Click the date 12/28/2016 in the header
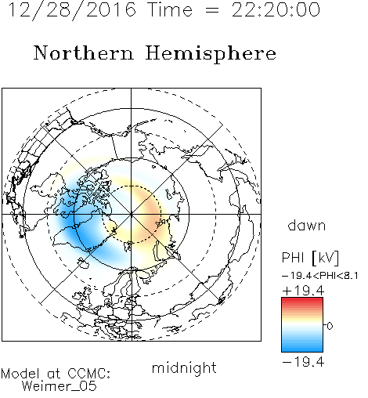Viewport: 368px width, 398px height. [72, 10]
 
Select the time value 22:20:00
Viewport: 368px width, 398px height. [276, 9]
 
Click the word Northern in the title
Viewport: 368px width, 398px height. [84, 52]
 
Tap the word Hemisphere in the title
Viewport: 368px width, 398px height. [211, 54]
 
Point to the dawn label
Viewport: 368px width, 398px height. [307, 225]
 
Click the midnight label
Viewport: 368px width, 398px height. [184, 368]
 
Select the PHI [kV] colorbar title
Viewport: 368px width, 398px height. [310, 258]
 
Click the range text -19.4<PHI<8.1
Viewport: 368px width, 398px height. [320, 276]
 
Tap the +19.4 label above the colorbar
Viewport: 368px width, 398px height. [303, 291]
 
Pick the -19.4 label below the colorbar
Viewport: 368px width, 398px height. [303, 362]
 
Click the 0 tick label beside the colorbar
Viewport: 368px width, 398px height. [330, 326]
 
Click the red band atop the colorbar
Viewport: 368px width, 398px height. [302, 302]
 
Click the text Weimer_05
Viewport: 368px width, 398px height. [60, 385]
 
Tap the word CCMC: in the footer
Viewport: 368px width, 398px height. [88, 374]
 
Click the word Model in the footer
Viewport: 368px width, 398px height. [20, 374]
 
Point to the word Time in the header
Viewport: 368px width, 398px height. [170, 9]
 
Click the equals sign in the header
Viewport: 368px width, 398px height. [211, 10]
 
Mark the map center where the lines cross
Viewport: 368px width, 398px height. [132, 214]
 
